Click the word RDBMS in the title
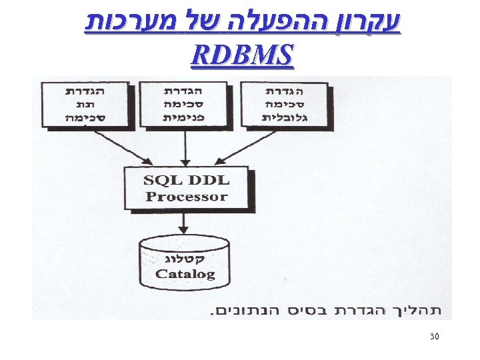pos(241,57)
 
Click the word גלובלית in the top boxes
pos(284,118)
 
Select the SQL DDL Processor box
pos(187,188)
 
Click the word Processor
pos(187,197)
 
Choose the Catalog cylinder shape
pos(185,263)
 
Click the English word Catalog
pos(185,273)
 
